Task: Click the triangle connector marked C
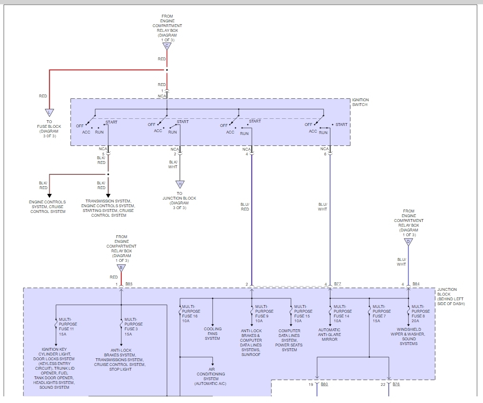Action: coord(167,46)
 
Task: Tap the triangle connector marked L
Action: coord(49,113)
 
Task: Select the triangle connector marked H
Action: coord(179,184)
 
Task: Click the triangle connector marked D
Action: coord(408,242)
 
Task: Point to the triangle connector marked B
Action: coord(121,268)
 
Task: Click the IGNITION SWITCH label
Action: coord(360,103)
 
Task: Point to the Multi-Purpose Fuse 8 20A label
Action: coord(420,314)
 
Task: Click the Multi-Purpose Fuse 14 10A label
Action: coord(342,314)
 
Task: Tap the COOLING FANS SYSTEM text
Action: coord(213,334)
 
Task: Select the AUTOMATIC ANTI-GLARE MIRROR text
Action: coord(329,335)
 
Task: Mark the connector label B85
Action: coord(129,284)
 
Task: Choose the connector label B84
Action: coord(416,284)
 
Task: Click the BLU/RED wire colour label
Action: coord(245,207)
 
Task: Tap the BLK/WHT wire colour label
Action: coord(173,164)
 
